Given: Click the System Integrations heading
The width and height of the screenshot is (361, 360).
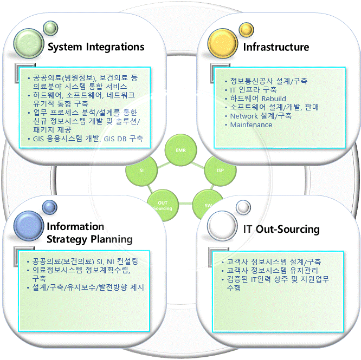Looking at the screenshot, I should (96, 47).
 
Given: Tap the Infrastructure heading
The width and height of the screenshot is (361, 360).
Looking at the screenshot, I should (275, 47).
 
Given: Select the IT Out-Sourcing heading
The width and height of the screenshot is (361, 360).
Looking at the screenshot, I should (281, 229).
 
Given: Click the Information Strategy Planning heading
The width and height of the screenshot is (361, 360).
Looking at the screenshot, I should (89, 232).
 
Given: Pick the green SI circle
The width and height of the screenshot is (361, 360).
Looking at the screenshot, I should (141, 170).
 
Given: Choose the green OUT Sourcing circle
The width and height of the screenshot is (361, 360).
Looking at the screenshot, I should (163, 205).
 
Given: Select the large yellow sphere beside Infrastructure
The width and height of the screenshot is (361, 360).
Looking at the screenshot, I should (224, 42).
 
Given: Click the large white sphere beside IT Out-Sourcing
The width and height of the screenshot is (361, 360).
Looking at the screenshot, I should (223, 228).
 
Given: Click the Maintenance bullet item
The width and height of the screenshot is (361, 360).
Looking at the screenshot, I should (251, 125).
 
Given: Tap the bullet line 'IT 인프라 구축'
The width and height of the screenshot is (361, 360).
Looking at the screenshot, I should (253, 90).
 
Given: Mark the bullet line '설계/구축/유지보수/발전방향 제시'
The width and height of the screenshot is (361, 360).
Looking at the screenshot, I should (88, 287).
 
